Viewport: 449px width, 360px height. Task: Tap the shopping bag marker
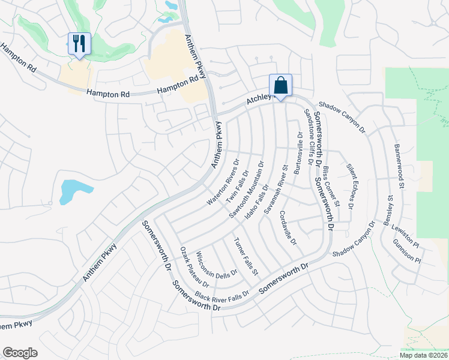[280, 86]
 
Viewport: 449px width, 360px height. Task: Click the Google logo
[20, 353]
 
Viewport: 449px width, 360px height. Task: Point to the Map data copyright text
[424, 355]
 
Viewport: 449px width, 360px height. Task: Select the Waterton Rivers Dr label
[223, 182]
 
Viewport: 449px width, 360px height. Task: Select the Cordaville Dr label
[288, 230]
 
